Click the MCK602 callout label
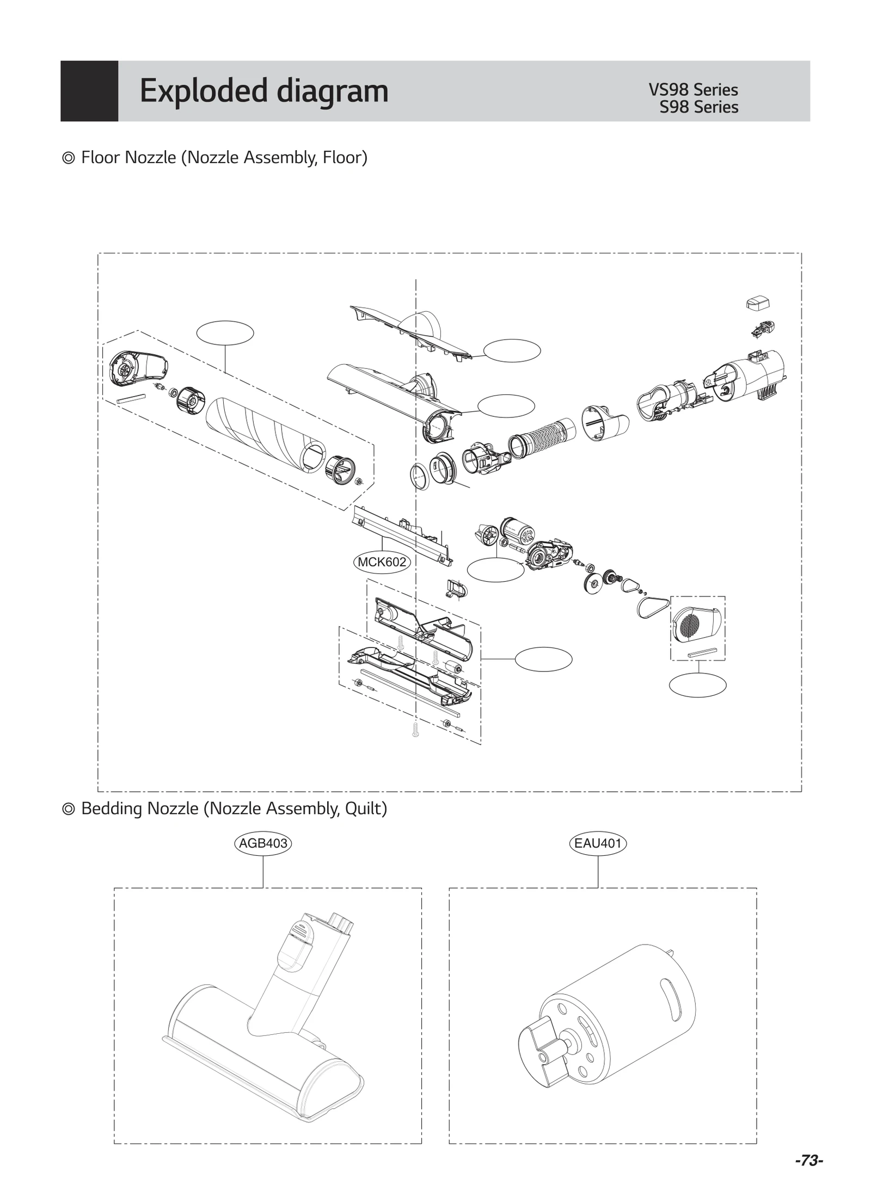point(382,562)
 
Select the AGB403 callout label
point(263,843)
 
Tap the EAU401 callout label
point(598,843)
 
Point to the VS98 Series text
point(693,90)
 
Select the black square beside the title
point(89,91)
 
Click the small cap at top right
point(757,303)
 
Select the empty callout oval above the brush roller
point(225,333)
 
